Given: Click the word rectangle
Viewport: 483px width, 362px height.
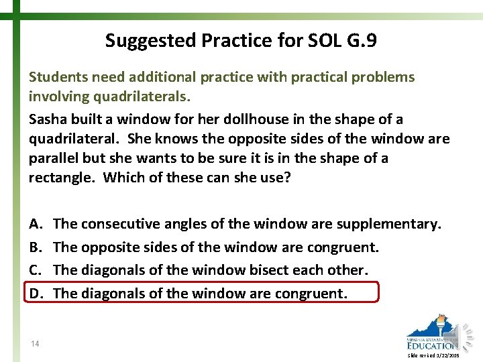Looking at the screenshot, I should [61, 178].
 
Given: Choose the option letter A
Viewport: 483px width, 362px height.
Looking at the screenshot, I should [34, 224].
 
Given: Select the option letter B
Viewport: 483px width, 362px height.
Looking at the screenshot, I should [34, 247].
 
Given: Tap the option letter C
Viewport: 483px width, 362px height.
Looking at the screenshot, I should [34, 270].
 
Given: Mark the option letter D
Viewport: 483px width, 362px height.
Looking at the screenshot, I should [35, 293].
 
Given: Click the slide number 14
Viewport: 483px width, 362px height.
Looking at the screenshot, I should [35, 344].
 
